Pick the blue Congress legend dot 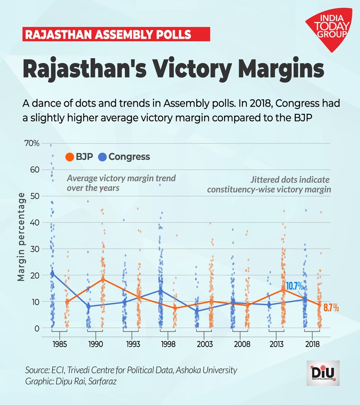coord(102,157)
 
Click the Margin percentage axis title coord(21,236)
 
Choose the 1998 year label coord(168,345)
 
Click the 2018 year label coord(312,345)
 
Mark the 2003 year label coord(204,345)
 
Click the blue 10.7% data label coord(295,286)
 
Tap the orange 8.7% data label coord(330,307)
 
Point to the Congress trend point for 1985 coord(52,274)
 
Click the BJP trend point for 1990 coord(103,279)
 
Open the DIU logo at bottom coord(323,373)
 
